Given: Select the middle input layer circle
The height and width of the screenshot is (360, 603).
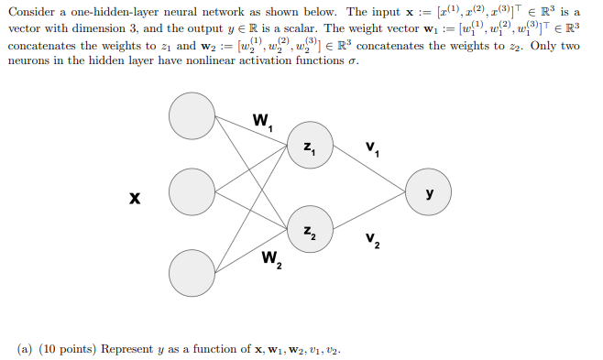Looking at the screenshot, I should point(192,191).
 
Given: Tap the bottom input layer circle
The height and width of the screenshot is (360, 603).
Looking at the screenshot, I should point(192,270).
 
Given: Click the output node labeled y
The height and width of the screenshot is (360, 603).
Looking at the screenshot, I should point(429,191).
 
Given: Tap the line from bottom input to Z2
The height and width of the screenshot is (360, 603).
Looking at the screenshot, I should point(251,250).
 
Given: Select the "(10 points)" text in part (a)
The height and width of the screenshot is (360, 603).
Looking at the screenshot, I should point(69,349).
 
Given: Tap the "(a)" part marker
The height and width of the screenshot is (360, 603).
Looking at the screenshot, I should point(26,349).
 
